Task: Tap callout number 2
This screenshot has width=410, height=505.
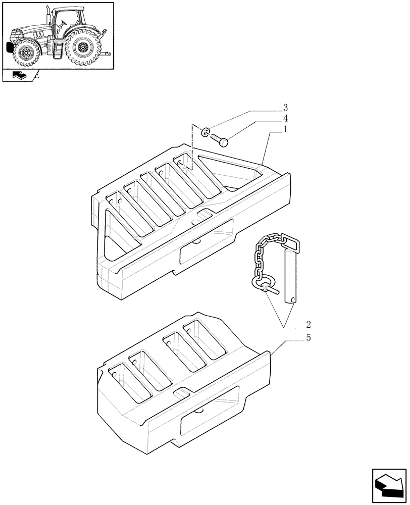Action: point(308,324)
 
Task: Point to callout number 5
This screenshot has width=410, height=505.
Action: point(308,337)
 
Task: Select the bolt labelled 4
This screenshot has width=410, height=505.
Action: point(220,139)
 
